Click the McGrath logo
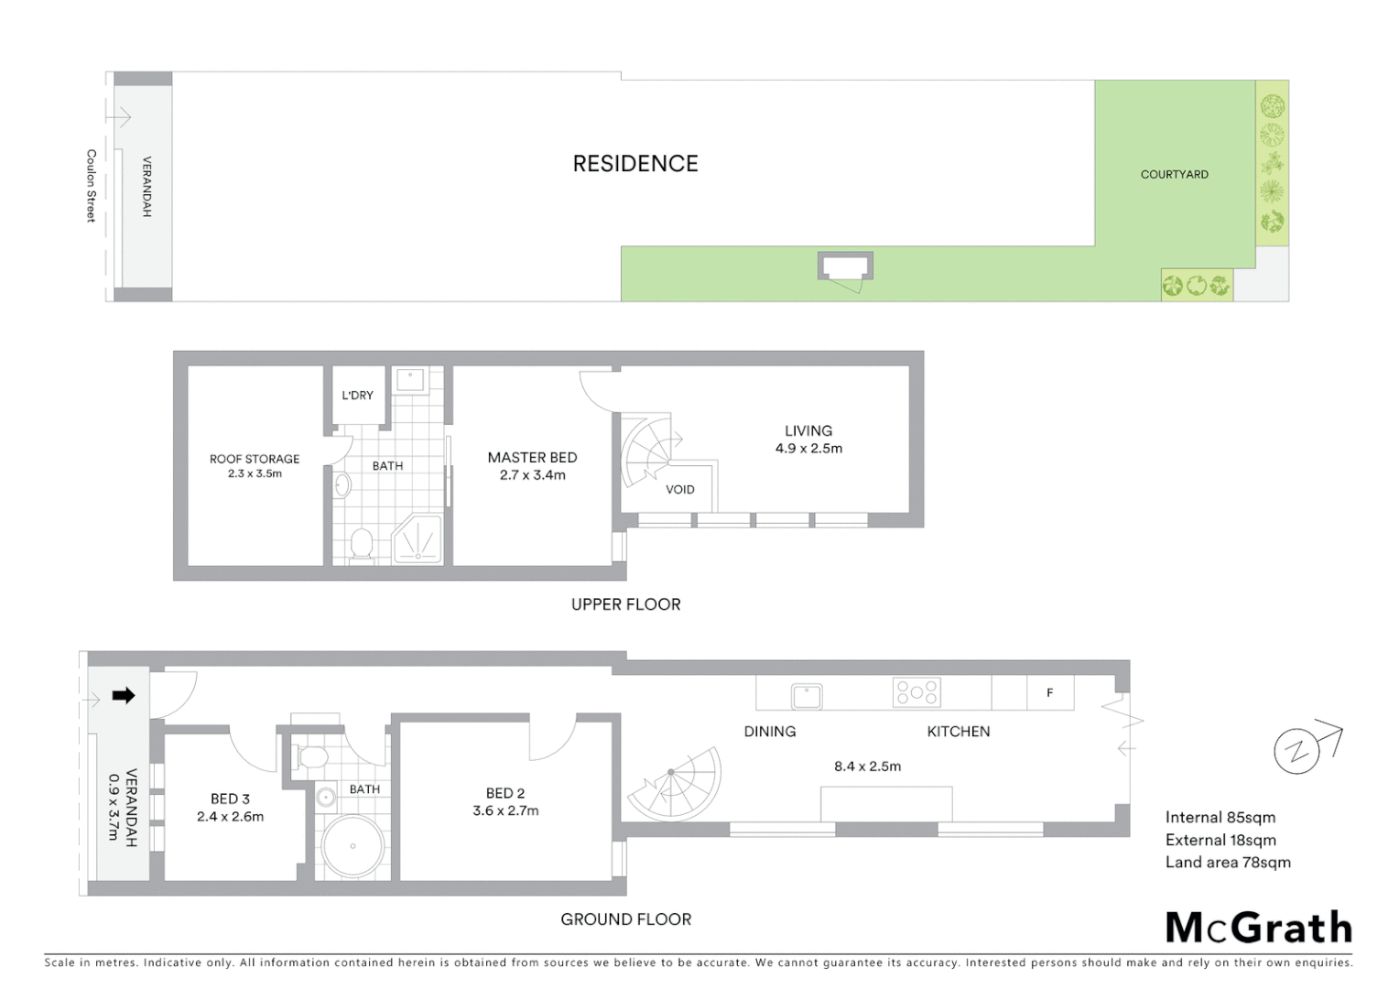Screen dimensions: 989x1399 pos(1258,928)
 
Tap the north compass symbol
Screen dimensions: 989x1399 pos(1297,752)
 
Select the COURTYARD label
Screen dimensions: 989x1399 pos(1174,174)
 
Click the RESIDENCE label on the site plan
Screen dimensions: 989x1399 pos(635,164)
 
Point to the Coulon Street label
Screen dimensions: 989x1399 pos(91,186)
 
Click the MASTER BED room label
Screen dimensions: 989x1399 pos(532,457)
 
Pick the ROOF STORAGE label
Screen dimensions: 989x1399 pos(255,459)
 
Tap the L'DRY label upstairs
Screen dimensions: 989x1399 pos(357,396)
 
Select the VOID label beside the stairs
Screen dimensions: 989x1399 pos(679,489)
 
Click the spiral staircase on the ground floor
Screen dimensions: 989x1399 pos(676,783)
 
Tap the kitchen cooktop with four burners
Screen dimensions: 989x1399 pos(916,692)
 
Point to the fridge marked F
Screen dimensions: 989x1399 pos(1049,693)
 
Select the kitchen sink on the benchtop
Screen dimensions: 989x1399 pos(807,696)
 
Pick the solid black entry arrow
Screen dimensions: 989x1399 pos(123,696)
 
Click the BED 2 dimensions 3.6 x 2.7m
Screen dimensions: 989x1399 pos(505,810)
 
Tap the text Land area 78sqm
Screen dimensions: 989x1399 pos(1228,862)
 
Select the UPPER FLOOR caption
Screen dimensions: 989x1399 pos(625,604)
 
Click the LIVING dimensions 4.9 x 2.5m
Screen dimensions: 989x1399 pos(808,448)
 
